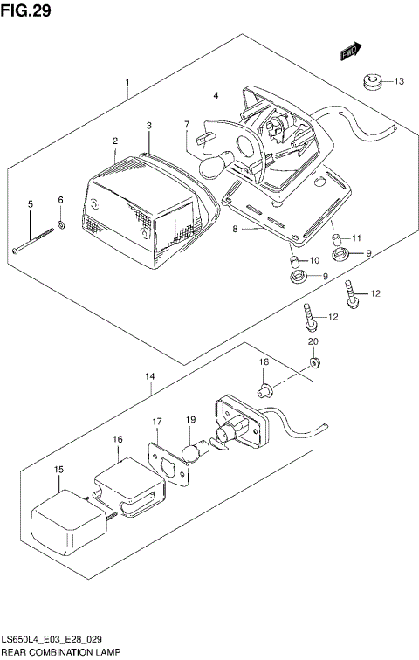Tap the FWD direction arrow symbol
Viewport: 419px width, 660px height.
[x=351, y=52]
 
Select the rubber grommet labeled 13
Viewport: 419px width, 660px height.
[x=371, y=84]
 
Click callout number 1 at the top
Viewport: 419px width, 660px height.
[x=127, y=84]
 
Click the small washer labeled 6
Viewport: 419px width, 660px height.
[x=61, y=226]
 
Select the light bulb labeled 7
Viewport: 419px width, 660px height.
[x=215, y=163]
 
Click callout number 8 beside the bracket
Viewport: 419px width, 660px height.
[x=235, y=230]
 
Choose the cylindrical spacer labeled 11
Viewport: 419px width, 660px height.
[x=336, y=238]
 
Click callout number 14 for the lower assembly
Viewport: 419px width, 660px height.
[x=149, y=376]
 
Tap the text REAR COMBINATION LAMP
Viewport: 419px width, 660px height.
[x=60, y=650]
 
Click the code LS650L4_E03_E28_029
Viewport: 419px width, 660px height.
[x=54, y=638]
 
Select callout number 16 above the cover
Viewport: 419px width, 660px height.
[x=118, y=440]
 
